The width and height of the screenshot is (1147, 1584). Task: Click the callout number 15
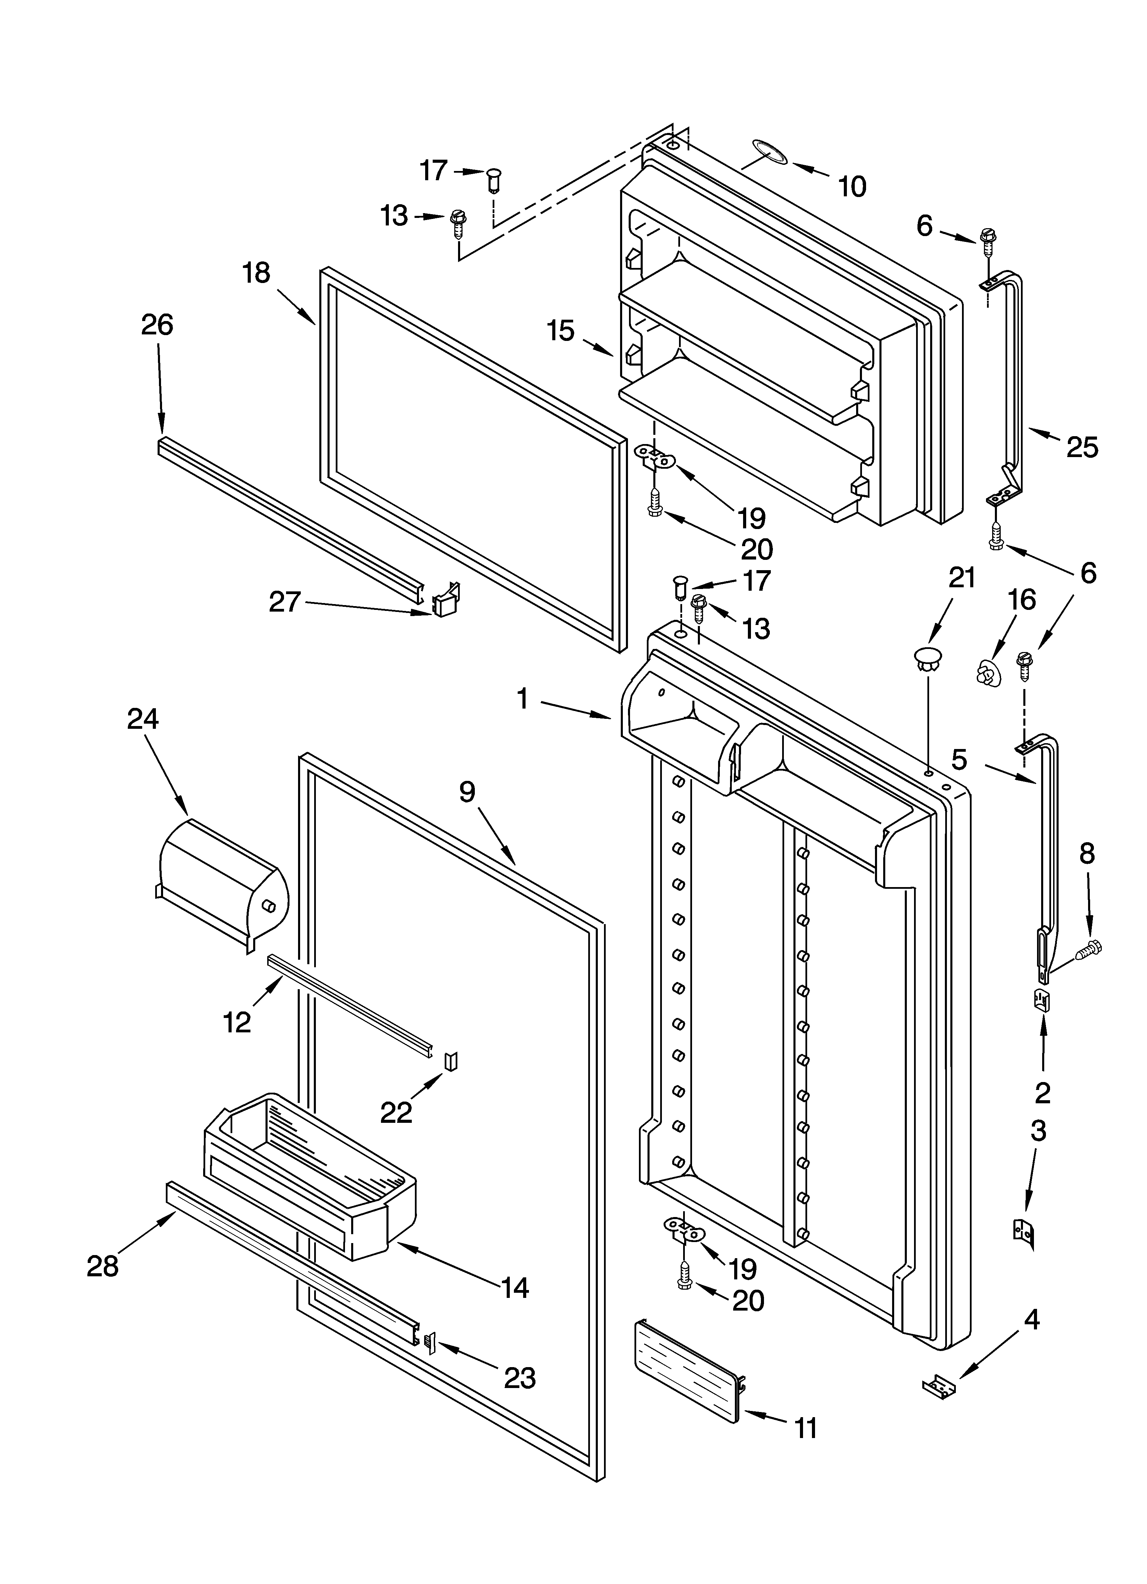[x=561, y=330]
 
